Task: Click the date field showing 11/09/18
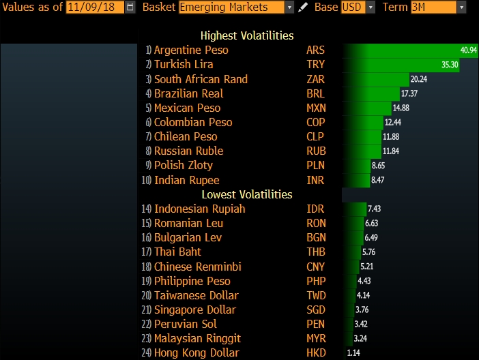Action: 96,7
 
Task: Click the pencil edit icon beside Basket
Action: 304,7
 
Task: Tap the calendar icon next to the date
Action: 130,7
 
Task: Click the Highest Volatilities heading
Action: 247,35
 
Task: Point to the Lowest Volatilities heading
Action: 247,194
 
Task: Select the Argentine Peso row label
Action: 191,50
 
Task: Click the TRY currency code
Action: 316,64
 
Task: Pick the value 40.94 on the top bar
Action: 469,50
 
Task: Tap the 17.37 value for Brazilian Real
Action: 409,93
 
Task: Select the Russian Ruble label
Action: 188,151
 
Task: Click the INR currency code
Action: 315,180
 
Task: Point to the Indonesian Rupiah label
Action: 199,209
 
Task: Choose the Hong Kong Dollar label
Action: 197,352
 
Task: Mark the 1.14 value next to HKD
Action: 353,353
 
